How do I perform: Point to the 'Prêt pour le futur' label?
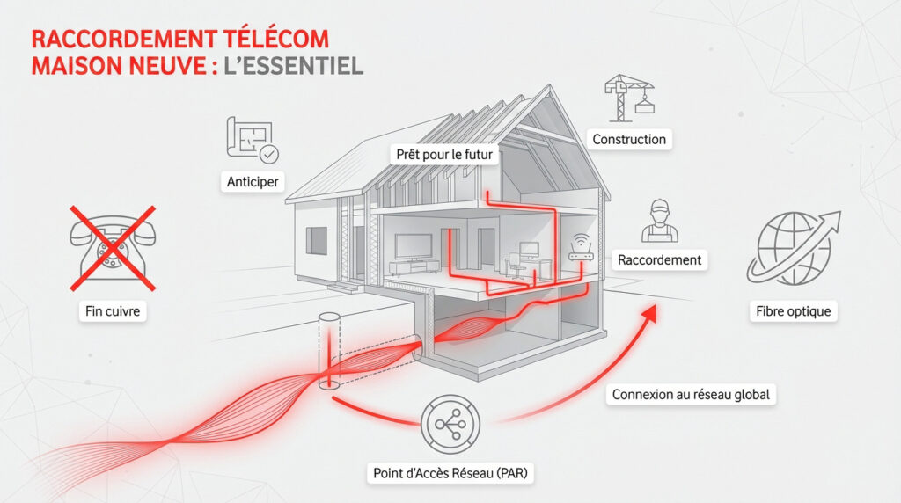pos(444,155)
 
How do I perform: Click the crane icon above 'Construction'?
pos(628,96)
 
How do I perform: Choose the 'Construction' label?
pos(628,139)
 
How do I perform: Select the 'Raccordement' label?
pos(659,260)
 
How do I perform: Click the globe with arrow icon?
pos(793,247)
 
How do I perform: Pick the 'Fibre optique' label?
pos(793,311)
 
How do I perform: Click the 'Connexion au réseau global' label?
pos(690,395)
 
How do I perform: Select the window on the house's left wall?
pos(316,239)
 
